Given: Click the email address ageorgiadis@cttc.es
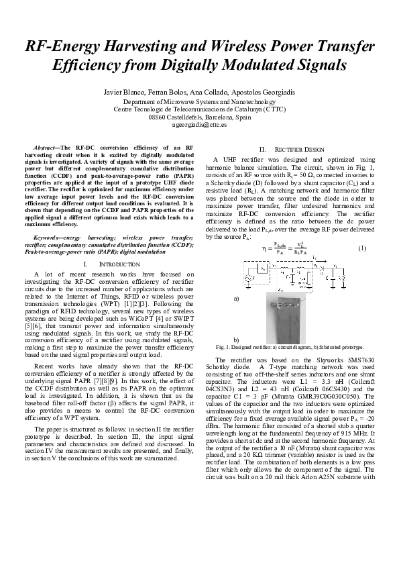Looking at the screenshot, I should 199,124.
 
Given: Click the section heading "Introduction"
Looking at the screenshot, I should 102,264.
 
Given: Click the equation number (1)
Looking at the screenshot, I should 361,248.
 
